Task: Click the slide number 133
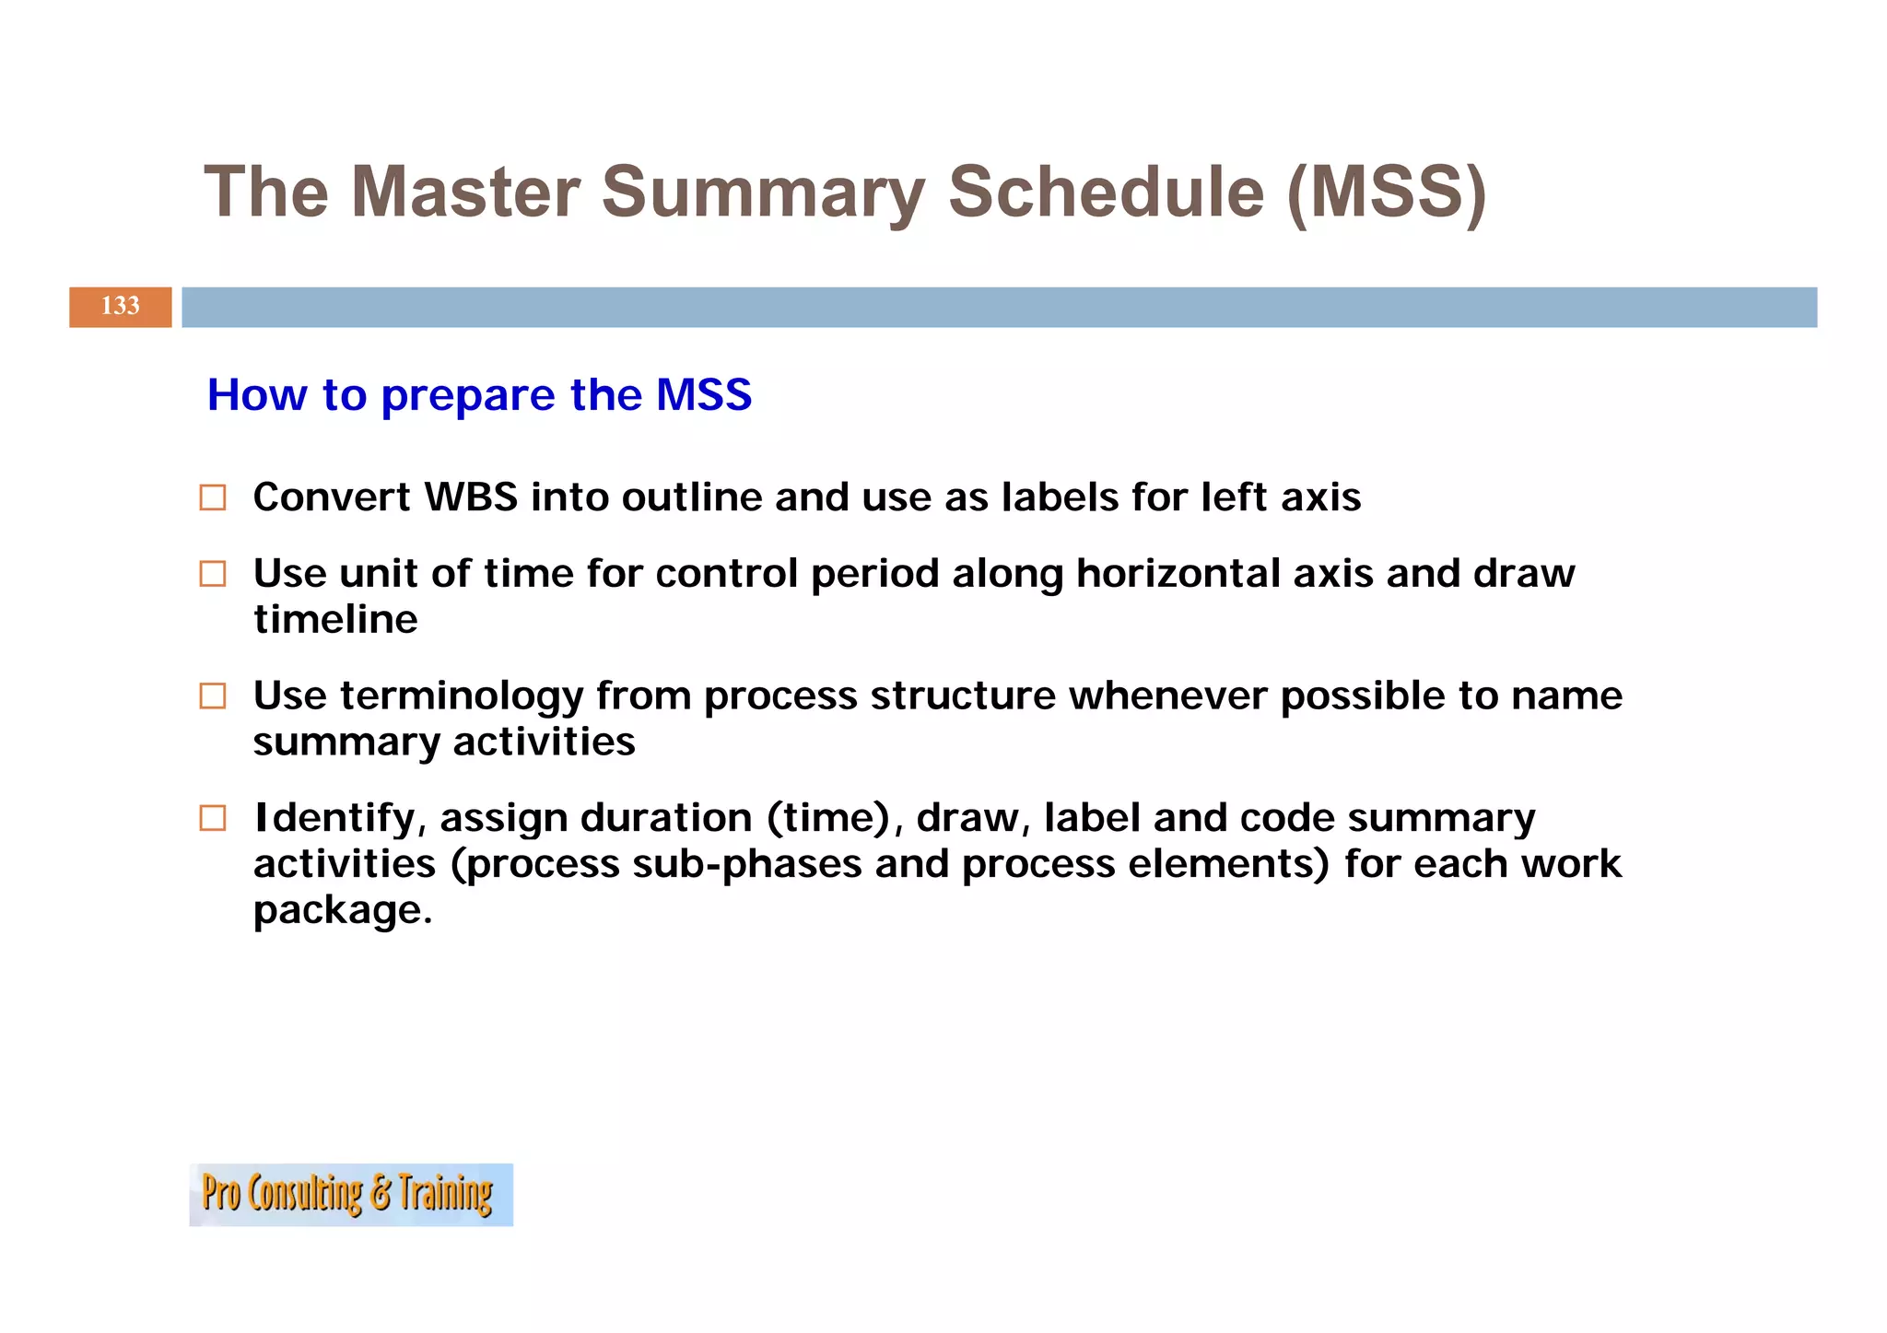[x=120, y=306]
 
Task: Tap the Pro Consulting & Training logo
[x=350, y=1194]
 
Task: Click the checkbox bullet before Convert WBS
[x=213, y=497]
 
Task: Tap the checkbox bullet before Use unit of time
[x=213, y=574]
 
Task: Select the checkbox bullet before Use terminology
[x=213, y=696]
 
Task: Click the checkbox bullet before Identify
[x=213, y=818]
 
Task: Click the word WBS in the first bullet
[x=470, y=497]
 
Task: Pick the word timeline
[x=335, y=619]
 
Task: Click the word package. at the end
[x=342, y=910]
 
